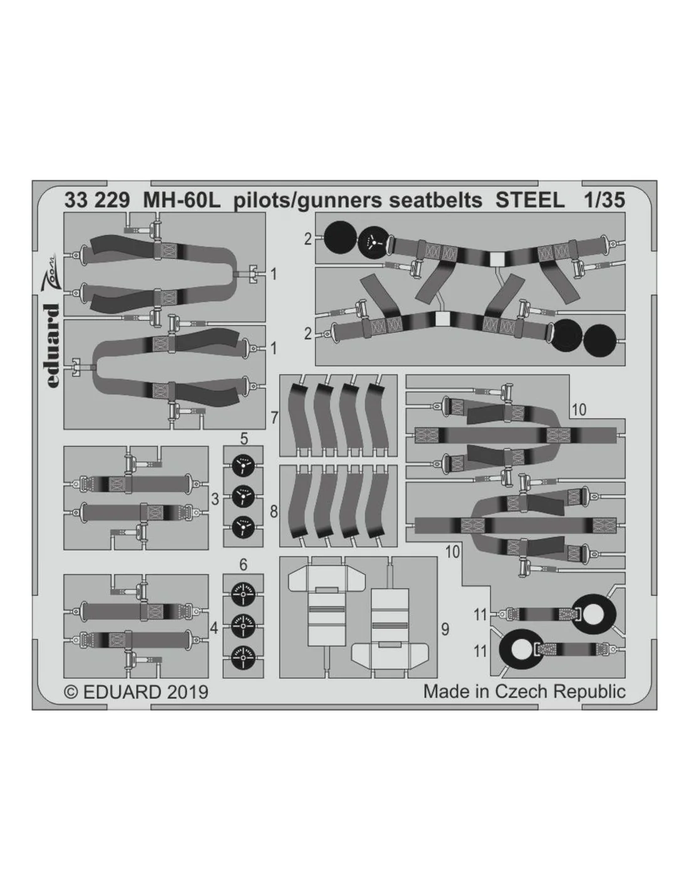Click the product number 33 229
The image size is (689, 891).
(97, 201)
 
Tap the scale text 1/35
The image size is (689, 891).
(604, 201)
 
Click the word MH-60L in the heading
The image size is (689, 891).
(182, 201)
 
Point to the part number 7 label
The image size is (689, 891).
(274, 418)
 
